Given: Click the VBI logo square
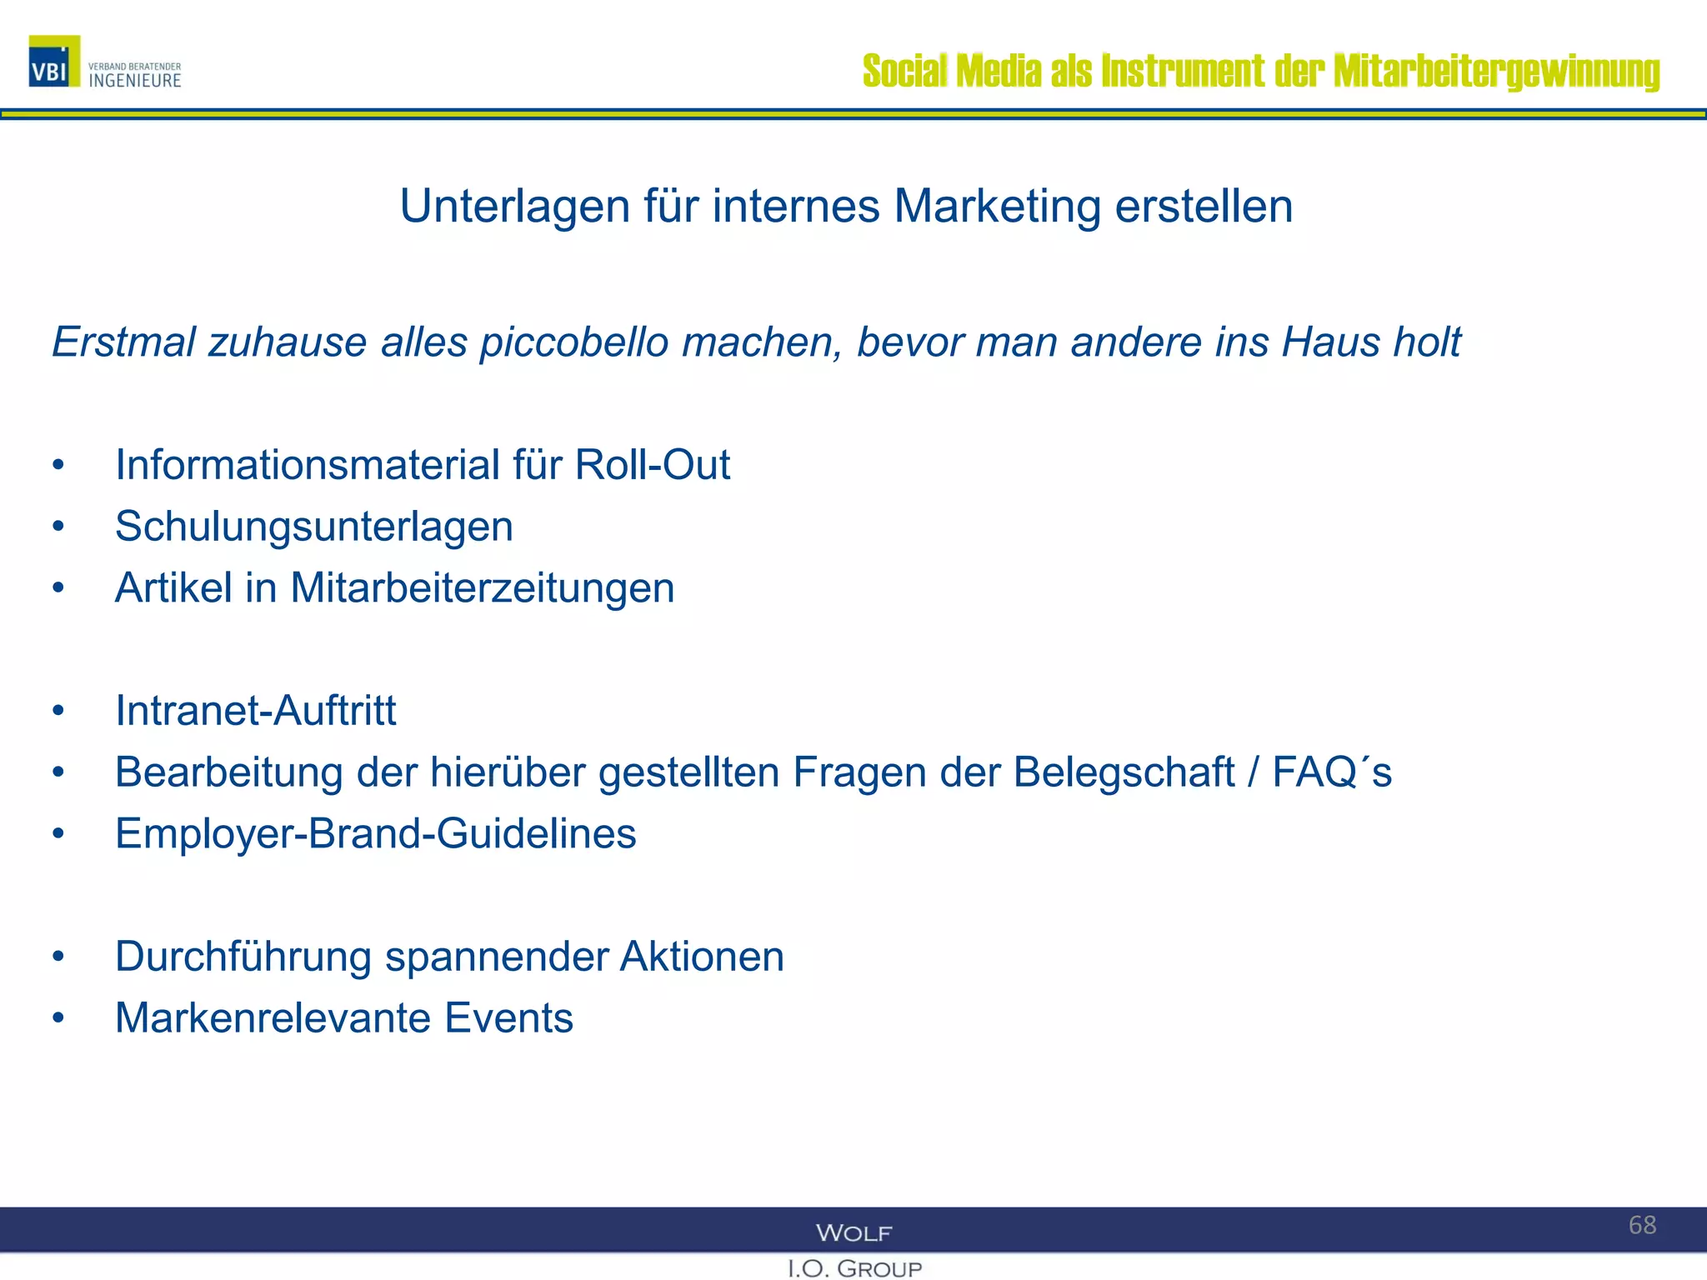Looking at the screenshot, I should [x=54, y=62].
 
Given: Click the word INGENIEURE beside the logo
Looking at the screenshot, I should [x=135, y=81].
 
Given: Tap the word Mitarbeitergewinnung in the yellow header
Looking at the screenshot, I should [x=1496, y=72].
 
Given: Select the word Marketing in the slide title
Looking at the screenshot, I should [x=997, y=206].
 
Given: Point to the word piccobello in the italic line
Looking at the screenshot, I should [x=574, y=342].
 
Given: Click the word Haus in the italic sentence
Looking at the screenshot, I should [x=1330, y=342].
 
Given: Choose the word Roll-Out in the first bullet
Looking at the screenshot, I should [x=652, y=465].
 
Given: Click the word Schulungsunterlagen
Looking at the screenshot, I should [x=313, y=527].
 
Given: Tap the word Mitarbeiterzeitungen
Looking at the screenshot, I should [x=482, y=588].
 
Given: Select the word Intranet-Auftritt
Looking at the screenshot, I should [x=255, y=711].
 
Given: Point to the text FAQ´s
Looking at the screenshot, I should [x=1331, y=772].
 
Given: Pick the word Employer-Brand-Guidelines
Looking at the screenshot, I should [x=375, y=834].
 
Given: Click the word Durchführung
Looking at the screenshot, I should [x=243, y=957].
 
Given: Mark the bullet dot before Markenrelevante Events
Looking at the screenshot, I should [x=58, y=1018].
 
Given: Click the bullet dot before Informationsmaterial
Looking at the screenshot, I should [x=58, y=465].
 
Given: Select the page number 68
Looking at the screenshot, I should [x=1642, y=1225].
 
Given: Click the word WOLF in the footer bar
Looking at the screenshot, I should [x=853, y=1233].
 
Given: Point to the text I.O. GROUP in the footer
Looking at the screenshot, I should [x=854, y=1269].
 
